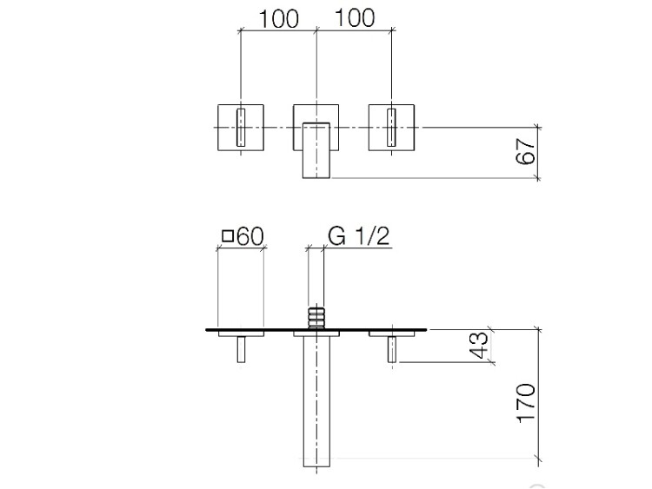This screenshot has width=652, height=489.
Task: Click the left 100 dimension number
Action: coord(278,19)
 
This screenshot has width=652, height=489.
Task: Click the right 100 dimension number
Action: coord(355,18)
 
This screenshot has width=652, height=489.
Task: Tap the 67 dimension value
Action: coord(525,151)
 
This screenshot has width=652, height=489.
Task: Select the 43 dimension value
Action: coord(478,345)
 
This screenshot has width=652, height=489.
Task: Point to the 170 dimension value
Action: coord(526,403)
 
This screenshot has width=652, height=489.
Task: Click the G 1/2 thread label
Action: coord(358,236)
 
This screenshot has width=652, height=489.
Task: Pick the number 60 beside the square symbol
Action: coord(249,236)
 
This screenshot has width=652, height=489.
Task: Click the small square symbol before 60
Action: coord(228,236)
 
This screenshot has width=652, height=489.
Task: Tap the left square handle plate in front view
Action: coord(241,127)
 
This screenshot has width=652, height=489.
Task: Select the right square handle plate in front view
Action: coord(391,127)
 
